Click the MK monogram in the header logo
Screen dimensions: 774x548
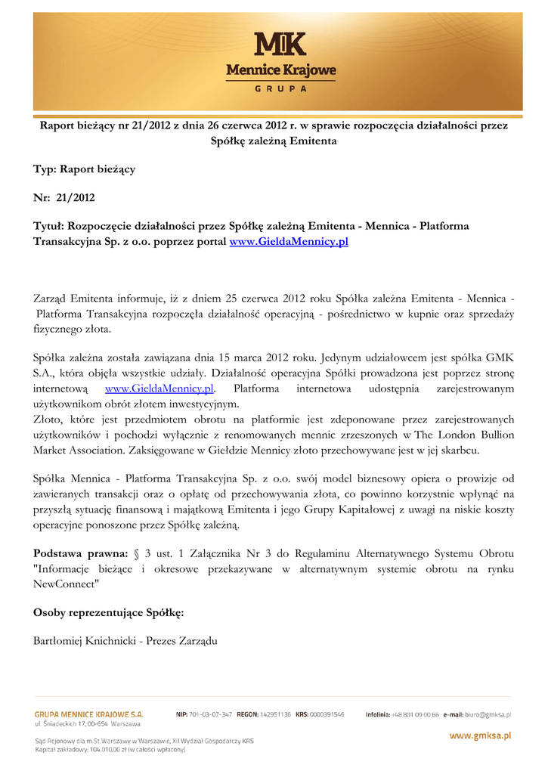[280, 46]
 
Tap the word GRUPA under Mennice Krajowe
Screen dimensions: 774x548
[280, 88]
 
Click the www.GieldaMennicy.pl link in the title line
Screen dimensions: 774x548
[289, 242]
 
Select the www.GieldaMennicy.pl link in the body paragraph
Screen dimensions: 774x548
[159, 389]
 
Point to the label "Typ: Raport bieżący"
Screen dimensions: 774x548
[84, 169]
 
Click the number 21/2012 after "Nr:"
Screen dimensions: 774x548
[76, 198]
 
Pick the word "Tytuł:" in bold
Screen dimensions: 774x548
[50, 226]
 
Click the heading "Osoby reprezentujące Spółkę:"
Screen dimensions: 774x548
[109, 612]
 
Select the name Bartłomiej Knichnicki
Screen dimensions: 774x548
[83, 641]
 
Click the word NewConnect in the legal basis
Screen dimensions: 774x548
[66, 584]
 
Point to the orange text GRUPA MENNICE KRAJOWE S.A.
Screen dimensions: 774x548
[89, 714]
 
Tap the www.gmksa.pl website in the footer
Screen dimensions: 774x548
[481, 735]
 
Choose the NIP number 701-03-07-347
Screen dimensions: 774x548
[212, 714]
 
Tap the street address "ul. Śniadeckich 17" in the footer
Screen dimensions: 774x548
[65, 724]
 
